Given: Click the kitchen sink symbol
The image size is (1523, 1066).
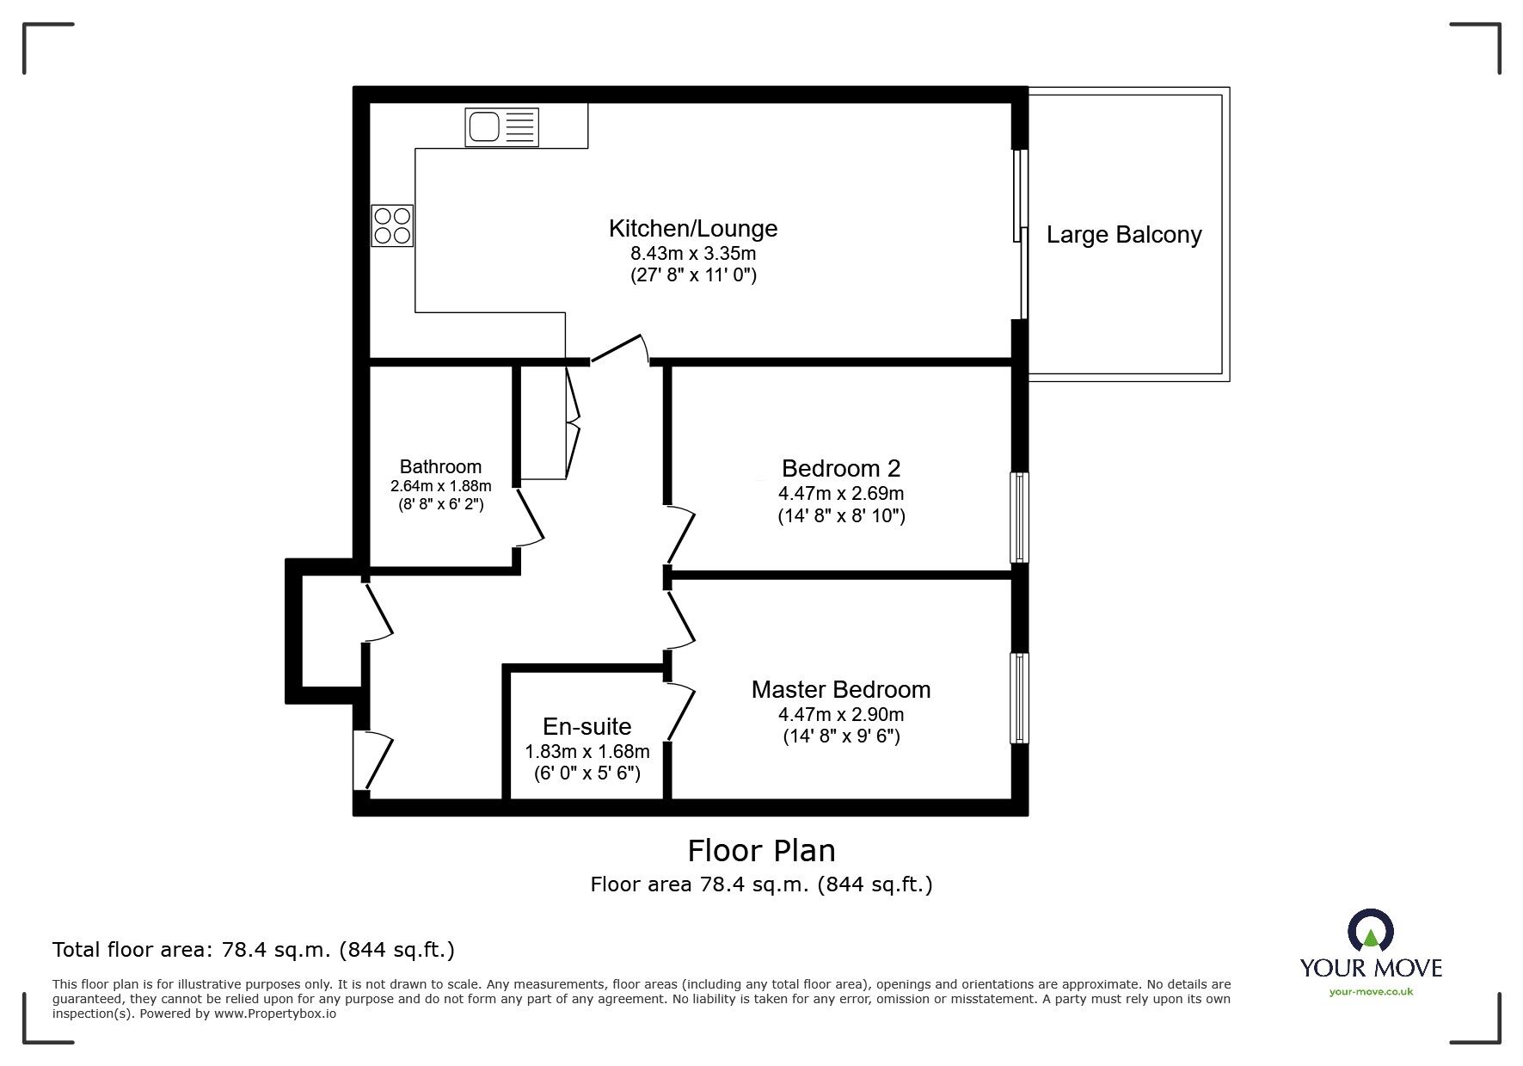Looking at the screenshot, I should click(501, 126).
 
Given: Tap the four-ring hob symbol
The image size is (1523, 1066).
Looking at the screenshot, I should click(392, 225).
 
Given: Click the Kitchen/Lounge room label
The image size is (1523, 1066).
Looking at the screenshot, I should click(692, 228).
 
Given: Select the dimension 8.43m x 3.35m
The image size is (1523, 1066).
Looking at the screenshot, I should click(692, 253).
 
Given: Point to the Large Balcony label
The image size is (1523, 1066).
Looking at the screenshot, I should click(1123, 235).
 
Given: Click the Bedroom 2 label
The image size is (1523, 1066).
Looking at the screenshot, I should click(840, 468).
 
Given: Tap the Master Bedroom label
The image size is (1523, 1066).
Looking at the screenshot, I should click(840, 689).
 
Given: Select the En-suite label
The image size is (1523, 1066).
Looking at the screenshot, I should click(586, 726).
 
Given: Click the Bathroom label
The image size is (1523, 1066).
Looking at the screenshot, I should click(440, 467).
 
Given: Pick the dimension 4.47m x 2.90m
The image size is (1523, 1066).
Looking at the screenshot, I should click(840, 714).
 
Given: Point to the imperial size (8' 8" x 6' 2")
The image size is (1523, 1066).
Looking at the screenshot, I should click(440, 505).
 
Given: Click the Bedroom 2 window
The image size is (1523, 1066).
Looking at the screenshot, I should click(1019, 516).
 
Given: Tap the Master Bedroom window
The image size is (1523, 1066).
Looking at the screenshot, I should click(1019, 698).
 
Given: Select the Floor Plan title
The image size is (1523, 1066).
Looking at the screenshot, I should click(761, 851).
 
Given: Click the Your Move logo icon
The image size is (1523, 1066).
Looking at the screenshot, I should click(1370, 933).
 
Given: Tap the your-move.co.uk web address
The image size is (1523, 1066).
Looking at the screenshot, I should click(1371, 992).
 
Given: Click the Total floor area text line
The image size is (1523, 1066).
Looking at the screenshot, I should click(254, 950).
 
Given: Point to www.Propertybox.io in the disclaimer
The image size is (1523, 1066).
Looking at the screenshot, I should click(275, 1014).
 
